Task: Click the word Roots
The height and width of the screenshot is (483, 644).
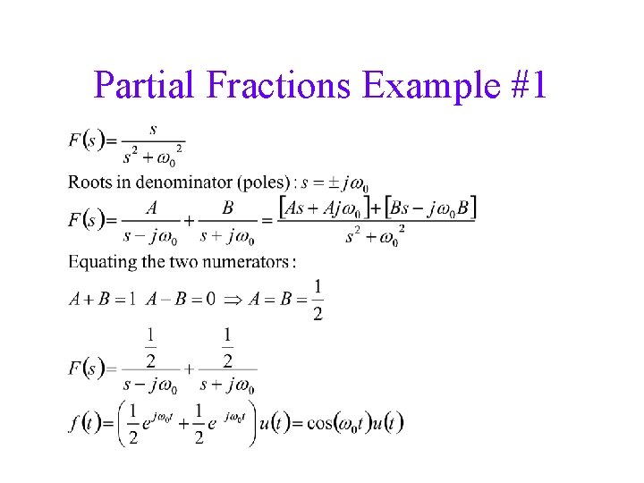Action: [x=89, y=182]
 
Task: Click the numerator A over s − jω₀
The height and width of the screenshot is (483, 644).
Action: [x=152, y=208]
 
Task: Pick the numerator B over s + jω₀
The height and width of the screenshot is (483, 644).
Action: [x=227, y=208]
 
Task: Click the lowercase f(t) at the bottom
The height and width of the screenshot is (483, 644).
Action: [x=86, y=422]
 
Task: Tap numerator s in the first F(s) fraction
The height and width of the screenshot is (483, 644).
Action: [x=153, y=129]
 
